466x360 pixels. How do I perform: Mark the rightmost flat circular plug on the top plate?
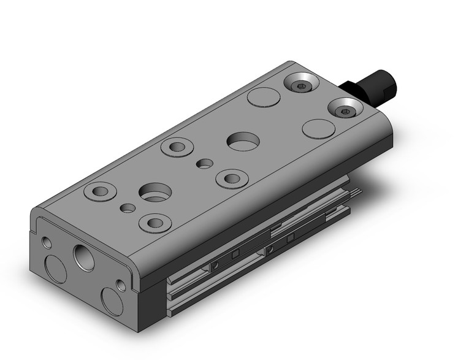(317, 129)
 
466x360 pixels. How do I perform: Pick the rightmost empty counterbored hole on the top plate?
(231, 178)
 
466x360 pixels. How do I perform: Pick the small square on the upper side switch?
(234, 254)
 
